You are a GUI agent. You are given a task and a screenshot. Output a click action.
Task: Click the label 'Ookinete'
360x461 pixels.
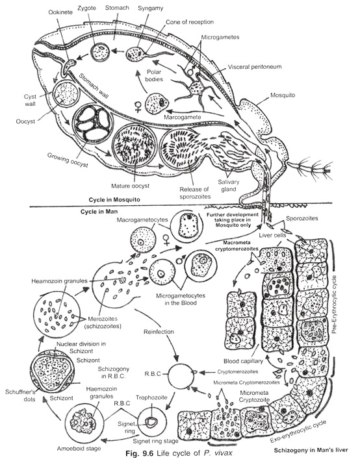(x=60, y=12)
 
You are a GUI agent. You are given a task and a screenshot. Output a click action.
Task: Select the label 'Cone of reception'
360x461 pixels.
(x=190, y=22)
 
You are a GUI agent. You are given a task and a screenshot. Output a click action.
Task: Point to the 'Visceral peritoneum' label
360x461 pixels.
(x=255, y=67)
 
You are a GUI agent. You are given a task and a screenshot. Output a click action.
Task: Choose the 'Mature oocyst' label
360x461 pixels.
(x=130, y=186)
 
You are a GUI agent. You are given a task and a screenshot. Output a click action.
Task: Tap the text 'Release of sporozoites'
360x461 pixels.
(x=195, y=193)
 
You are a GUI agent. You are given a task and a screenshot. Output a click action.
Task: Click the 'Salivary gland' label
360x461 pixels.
(x=229, y=186)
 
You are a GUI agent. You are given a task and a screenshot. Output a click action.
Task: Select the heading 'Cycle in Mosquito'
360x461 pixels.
(x=114, y=200)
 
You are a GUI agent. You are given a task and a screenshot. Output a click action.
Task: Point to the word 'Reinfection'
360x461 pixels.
(x=159, y=332)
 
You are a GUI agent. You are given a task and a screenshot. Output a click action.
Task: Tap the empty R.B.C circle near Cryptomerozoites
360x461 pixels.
(x=180, y=375)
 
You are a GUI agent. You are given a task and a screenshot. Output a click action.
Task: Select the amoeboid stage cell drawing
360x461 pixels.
(x=84, y=422)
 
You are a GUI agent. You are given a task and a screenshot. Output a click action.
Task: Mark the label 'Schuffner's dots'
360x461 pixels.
(x=20, y=395)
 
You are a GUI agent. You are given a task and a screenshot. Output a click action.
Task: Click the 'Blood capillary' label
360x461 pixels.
(x=243, y=361)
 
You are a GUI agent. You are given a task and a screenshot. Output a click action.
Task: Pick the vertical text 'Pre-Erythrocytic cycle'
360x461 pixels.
(x=335, y=305)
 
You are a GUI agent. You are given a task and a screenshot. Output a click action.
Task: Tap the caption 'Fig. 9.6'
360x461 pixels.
(x=139, y=453)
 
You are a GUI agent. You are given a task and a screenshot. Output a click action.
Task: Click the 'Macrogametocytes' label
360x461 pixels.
(x=142, y=220)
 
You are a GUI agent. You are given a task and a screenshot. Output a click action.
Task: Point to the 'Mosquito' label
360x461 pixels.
(x=283, y=95)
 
